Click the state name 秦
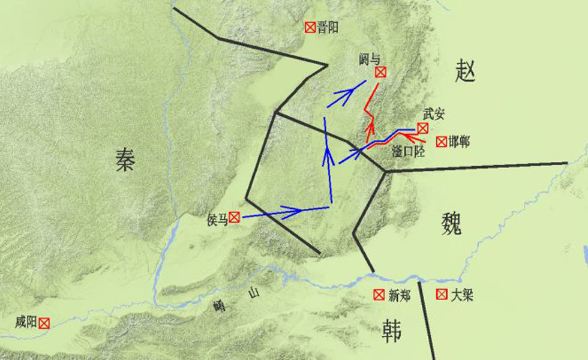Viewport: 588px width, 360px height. click(125, 161)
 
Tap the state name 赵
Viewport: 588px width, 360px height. click(466, 72)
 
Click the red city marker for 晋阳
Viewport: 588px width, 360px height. click(310, 27)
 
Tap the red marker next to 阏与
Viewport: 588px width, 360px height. click(380, 72)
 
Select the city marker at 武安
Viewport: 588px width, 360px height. click(423, 128)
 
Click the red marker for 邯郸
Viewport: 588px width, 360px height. click(441, 142)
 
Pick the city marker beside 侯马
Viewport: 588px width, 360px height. click(234, 218)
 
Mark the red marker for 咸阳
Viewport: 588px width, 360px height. click(44, 323)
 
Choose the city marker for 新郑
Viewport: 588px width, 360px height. click(379, 295)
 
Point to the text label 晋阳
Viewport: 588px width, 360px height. click(328, 27)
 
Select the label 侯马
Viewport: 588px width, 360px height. click(217, 219)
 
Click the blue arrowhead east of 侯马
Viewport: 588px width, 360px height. click(293, 211)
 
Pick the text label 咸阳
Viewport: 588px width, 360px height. click(26, 323)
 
